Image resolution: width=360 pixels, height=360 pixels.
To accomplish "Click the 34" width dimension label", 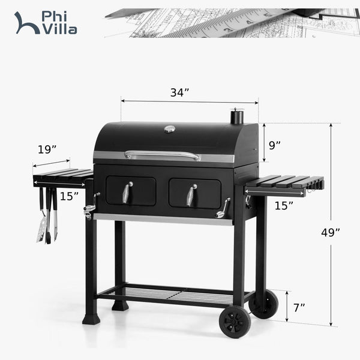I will coord(179,92).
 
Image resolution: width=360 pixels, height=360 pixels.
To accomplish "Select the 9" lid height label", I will coord(275,145).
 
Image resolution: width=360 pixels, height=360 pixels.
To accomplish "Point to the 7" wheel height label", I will coord(298,307).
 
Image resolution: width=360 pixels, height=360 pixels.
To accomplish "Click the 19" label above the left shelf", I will coord(46,149).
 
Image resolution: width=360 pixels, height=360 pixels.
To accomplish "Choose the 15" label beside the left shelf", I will coord(69,195).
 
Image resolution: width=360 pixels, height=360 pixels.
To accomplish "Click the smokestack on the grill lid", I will coord(237,116).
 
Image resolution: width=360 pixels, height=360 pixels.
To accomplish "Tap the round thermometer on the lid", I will coord(170,128).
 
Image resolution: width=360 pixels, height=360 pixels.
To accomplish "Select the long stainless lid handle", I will coord(163,155).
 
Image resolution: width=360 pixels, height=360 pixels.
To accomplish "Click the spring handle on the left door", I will coord(127,192).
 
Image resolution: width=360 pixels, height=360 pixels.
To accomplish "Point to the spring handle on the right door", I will coord(191,194).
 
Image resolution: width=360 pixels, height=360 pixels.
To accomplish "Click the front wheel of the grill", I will coord(235,322).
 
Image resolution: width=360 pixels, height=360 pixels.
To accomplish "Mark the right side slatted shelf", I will coord(284,184).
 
